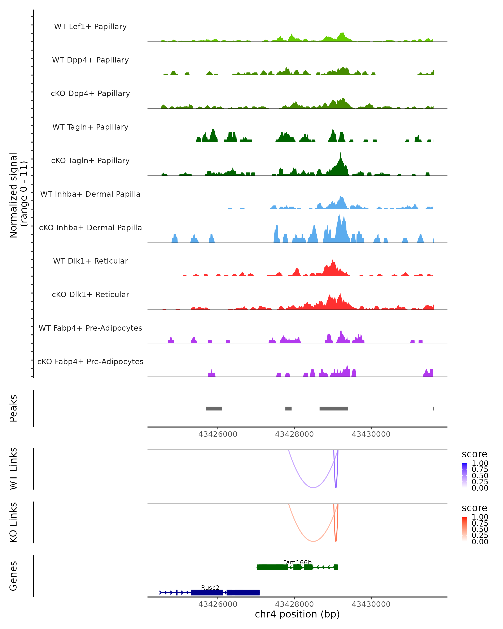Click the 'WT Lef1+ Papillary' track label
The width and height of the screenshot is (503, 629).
[90, 27]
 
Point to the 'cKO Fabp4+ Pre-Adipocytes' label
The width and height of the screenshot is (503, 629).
[90, 361]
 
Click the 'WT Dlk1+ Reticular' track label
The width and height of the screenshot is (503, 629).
[90, 261]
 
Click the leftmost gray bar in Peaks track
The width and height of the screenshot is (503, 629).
[214, 408]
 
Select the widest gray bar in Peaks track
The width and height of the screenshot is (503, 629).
[334, 408]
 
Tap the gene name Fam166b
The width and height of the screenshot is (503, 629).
[297, 562]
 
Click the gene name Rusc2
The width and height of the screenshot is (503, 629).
[210, 587]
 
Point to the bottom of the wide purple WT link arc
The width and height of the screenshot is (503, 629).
[313, 487]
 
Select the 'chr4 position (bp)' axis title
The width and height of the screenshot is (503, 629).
[297, 614]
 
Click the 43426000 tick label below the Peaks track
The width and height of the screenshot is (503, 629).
[218, 434]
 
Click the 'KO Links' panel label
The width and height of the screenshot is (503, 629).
[13, 522]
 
